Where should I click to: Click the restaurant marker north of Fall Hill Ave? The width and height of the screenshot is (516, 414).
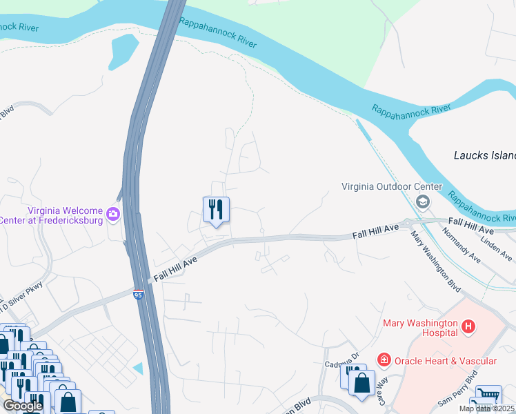216,210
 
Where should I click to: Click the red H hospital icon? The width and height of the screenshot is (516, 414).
468,325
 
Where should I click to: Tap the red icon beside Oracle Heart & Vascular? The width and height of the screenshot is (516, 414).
383,360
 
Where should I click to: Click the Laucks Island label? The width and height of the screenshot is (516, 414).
485,155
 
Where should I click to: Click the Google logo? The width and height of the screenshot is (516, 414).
23,406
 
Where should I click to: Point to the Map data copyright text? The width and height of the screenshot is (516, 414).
486,408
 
